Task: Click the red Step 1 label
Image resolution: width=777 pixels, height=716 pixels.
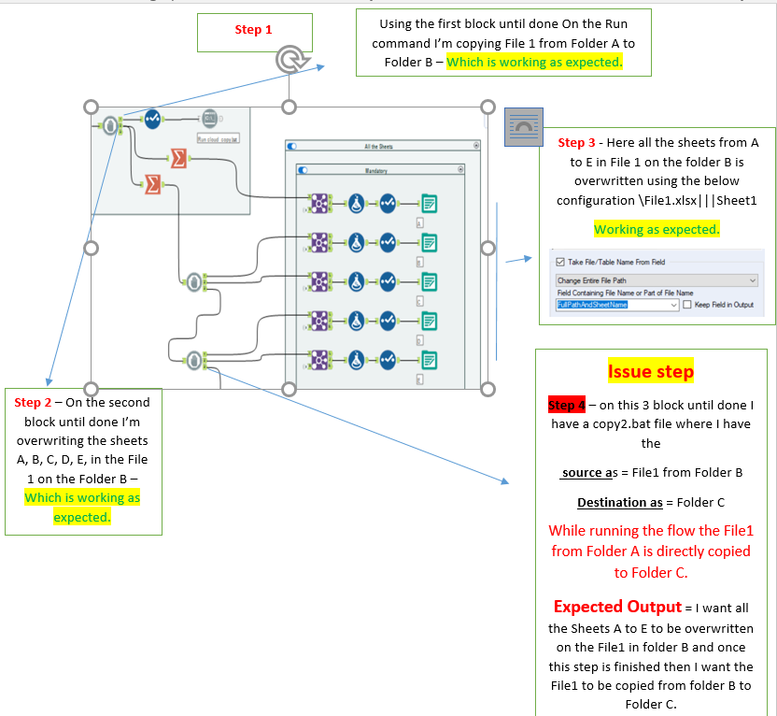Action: pyautogui.click(x=253, y=30)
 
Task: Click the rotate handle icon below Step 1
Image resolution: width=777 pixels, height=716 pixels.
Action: pyautogui.click(x=290, y=60)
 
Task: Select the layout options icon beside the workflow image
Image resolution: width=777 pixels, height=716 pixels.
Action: pyautogui.click(x=523, y=126)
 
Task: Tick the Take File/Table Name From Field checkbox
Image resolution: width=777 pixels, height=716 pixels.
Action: pyautogui.click(x=560, y=262)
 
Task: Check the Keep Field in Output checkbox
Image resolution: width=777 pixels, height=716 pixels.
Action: pyautogui.click(x=687, y=305)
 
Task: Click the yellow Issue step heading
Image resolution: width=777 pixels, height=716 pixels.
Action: pyautogui.click(x=650, y=372)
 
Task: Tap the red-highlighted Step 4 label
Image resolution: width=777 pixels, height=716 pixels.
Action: pyautogui.click(x=567, y=405)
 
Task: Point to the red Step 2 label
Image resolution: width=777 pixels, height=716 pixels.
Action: pyautogui.click(x=37, y=402)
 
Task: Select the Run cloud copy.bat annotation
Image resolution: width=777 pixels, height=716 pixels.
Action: pyautogui.click(x=219, y=138)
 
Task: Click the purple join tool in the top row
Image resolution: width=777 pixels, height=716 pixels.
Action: pyautogui.click(x=319, y=203)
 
